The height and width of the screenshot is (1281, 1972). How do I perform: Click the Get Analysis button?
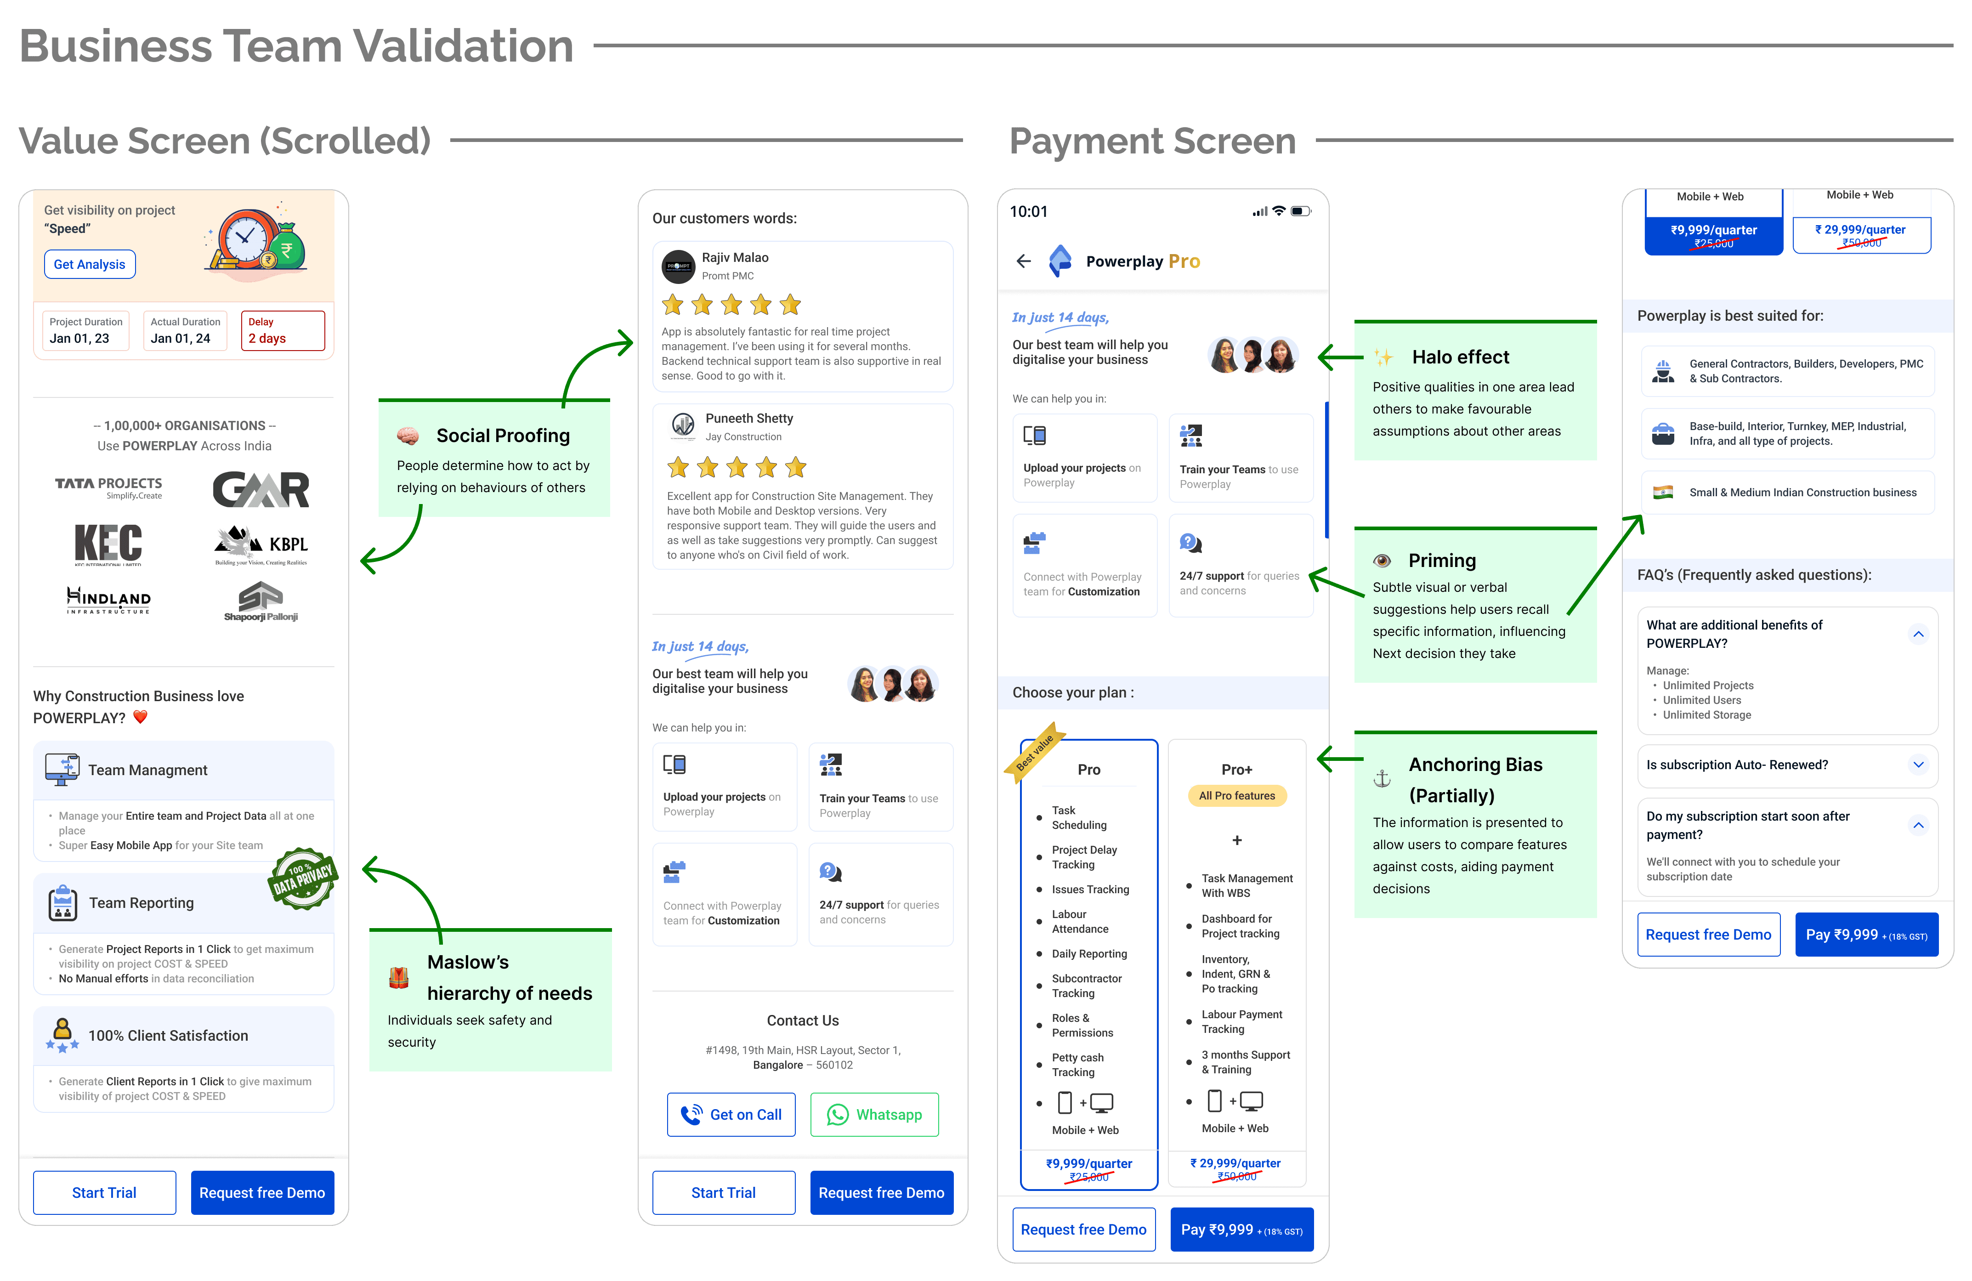tap(90, 264)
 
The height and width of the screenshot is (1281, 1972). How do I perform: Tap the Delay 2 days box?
tap(283, 331)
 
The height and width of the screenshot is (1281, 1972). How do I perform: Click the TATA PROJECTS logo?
tap(108, 487)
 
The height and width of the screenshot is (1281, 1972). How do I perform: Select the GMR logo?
tap(261, 489)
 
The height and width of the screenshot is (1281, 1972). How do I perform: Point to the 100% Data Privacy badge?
tap(302, 879)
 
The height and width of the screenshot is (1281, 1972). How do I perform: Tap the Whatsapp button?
tap(874, 1115)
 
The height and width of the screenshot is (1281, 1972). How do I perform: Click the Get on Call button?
tap(731, 1115)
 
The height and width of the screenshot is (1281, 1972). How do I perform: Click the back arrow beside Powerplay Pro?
tap(1023, 261)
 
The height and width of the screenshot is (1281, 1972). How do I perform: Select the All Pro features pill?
tap(1236, 795)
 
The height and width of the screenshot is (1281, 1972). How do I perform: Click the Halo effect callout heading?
tap(1460, 357)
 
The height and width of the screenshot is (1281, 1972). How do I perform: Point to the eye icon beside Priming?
tap(1381, 561)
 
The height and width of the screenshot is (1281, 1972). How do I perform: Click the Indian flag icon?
tap(1662, 492)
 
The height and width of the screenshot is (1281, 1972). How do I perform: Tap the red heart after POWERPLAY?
tap(140, 717)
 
